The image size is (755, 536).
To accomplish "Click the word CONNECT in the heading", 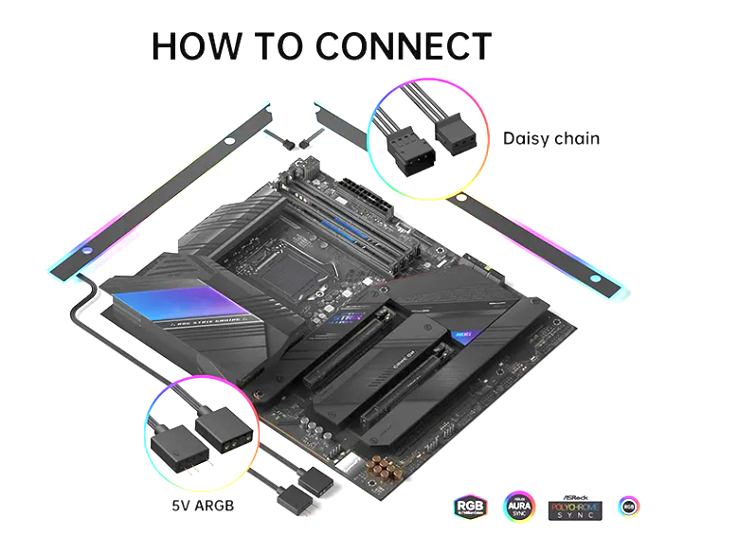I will point(404,46).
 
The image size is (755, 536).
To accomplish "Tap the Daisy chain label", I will point(550,138).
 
